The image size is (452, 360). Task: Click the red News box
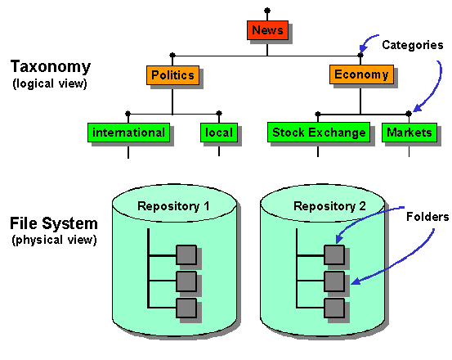tap(267, 31)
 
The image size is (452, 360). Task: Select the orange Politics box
tap(172, 75)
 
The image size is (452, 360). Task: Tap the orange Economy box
tap(360, 75)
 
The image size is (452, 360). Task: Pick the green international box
tap(128, 133)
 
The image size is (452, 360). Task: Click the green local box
tap(219, 133)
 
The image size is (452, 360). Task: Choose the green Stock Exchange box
tap(319, 133)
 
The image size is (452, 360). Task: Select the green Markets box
tap(409, 133)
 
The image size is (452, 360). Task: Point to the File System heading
tap(53, 223)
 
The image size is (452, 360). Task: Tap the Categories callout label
tap(411, 45)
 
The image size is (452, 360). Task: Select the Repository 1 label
tap(173, 205)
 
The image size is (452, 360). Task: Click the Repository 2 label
tap(322, 205)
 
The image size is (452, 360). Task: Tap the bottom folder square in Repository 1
tap(186, 308)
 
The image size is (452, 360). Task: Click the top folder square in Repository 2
tap(333, 255)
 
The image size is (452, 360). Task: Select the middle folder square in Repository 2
tap(333, 281)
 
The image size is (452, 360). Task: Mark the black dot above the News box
tap(267, 11)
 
